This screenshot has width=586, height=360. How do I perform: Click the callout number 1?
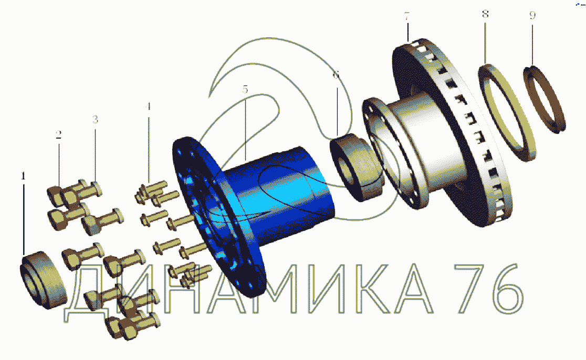(x=24, y=175)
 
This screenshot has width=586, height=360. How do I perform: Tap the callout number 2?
(x=59, y=135)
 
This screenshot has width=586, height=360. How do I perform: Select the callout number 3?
(x=95, y=120)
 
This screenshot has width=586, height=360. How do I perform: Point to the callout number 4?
(x=149, y=107)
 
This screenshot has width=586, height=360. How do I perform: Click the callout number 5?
(x=245, y=89)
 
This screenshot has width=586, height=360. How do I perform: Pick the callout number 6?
(x=336, y=75)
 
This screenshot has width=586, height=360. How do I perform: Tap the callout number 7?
(x=407, y=16)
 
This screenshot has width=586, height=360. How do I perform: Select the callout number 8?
(x=485, y=14)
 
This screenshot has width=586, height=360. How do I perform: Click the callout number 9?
(x=532, y=15)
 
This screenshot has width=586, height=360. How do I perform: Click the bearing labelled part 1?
(x=44, y=280)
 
